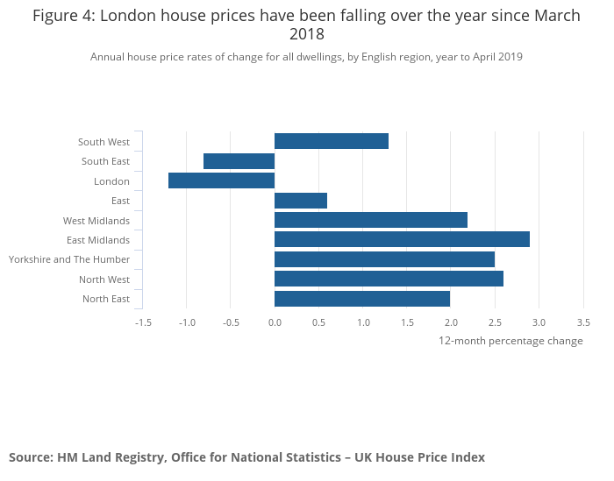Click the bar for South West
332,141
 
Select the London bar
221,180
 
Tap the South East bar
239,161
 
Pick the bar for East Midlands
402,239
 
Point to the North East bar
362,299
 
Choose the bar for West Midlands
371,220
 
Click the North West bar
389,279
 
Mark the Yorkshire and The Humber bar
384,259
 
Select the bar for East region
301,201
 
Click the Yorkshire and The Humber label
69,259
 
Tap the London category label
111,181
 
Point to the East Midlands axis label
98,240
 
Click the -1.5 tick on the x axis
143,322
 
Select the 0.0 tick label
275,322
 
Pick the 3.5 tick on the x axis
583,322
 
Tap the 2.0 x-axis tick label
451,322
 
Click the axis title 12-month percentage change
510,341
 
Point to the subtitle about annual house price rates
306,57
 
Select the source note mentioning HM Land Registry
246,457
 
